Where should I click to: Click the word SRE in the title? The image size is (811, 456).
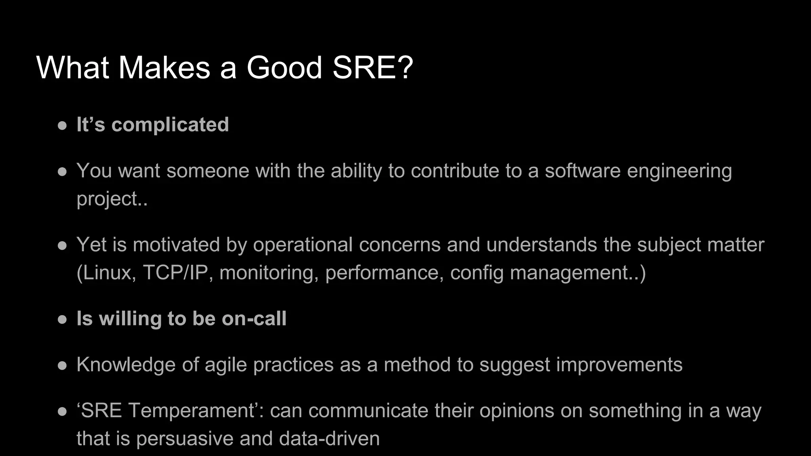(x=372, y=68)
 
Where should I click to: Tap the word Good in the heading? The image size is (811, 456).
(x=284, y=68)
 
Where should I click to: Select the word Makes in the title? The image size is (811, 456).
(x=164, y=68)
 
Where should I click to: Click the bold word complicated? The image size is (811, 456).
(x=170, y=125)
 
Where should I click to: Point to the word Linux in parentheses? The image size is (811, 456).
(x=107, y=273)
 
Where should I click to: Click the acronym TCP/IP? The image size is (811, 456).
(x=175, y=273)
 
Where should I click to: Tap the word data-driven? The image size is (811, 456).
(x=329, y=439)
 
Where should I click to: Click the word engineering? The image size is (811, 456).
(x=678, y=171)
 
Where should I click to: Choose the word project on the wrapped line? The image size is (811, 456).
(x=107, y=199)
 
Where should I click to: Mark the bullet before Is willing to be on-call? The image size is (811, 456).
(x=62, y=319)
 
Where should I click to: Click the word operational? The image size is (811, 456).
(x=303, y=245)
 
